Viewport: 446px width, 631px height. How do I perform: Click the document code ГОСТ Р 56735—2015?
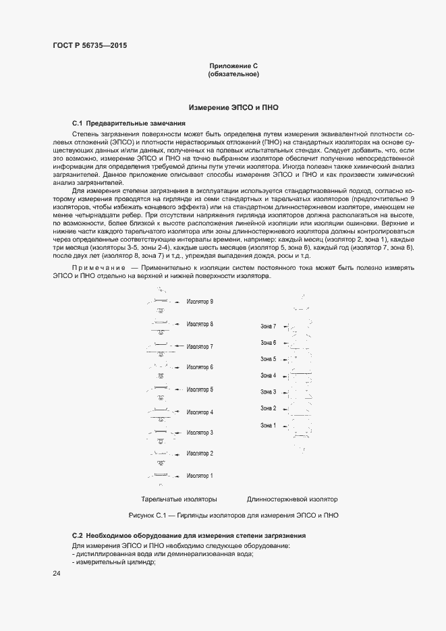coord(90,46)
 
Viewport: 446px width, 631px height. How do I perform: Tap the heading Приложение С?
coord(233,65)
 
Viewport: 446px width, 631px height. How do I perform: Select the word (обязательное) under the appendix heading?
coord(233,74)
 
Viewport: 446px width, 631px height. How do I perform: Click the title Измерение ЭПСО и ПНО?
coord(233,107)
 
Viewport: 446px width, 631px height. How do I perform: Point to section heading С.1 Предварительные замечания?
coord(128,124)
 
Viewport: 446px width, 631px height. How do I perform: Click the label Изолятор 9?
coord(200,302)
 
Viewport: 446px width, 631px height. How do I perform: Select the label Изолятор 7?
coord(200,347)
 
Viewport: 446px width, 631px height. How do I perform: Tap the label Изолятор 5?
coord(200,389)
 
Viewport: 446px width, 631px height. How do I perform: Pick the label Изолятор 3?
coord(200,433)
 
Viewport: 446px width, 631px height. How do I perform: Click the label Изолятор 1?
coord(200,476)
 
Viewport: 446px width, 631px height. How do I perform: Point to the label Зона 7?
coord(269,327)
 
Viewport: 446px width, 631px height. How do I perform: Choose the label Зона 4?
coord(269,375)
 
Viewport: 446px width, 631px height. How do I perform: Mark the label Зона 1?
coord(269,425)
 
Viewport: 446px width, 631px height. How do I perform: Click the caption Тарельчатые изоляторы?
coord(179,499)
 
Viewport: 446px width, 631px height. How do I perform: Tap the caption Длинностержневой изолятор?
coord(291,499)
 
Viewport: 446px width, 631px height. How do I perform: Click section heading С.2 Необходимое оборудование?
coord(189,535)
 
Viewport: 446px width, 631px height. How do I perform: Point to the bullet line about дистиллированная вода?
coord(163,553)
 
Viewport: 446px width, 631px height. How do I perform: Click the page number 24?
coord(57,574)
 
